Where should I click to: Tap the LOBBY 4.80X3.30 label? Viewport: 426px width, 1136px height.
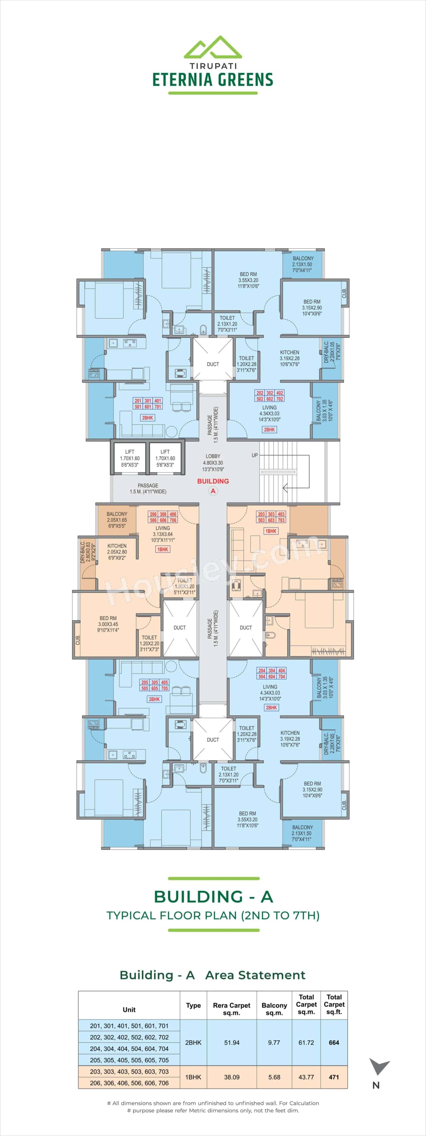click(x=213, y=463)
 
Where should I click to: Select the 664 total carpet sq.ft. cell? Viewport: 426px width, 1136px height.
click(x=334, y=1042)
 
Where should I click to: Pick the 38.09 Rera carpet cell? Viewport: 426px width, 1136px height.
click(x=232, y=1077)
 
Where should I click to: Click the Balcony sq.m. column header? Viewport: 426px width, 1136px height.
click(x=274, y=1009)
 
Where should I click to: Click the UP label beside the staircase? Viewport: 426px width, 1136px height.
click(x=255, y=455)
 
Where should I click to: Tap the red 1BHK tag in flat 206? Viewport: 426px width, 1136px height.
click(x=163, y=550)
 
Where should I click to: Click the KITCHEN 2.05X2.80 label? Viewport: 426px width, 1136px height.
click(x=117, y=552)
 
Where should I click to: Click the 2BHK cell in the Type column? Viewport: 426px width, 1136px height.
click(x=193, y=1042)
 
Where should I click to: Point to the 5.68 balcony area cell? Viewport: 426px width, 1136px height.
click(x=274, y=1077)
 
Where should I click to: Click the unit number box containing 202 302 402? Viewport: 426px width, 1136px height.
click(x=270, y=395)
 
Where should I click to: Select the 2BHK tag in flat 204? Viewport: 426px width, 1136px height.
click(x=271, y=707)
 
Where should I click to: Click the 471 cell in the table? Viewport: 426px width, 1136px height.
click(x=334, y=1077)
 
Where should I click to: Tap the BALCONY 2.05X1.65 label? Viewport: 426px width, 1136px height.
click(x=117, y=520)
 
